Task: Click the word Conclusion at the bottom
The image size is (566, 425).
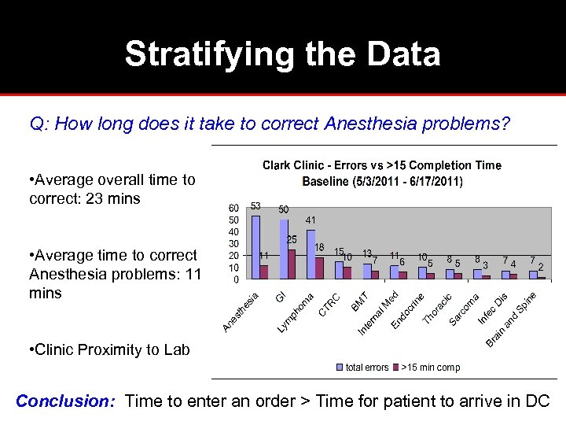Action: [66, 401]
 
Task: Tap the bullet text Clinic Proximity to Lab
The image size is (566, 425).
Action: [108, 349]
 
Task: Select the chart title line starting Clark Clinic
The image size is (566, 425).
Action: [381, 165]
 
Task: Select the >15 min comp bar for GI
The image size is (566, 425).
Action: [292, 264]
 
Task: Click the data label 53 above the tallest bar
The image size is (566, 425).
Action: [255, 206]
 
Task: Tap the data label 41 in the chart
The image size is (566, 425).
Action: [311, 220]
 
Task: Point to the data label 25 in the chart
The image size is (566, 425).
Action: [292, 239]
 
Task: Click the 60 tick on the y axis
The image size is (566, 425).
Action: [233, 208]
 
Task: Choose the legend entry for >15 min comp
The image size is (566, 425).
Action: [429, 367]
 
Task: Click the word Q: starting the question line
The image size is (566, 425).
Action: [40, 124]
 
